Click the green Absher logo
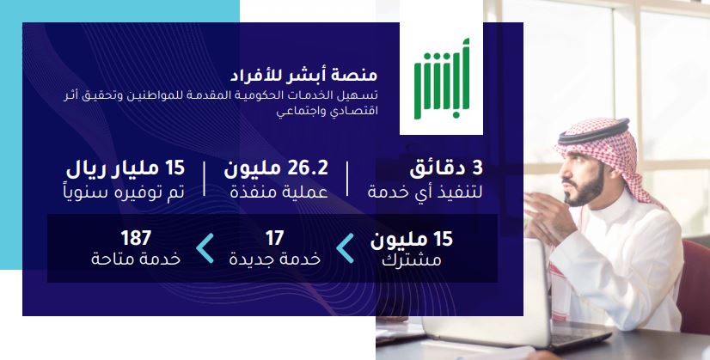click(x=442, y=78)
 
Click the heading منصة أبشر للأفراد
click(x=303, y=75)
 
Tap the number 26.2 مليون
click(x=276, y=169)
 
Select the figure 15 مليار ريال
click(x=125, y=169)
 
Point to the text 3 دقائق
click(x=446, y=169)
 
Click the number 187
click(x=136, y=238)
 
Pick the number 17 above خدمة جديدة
click(x=274, y=238)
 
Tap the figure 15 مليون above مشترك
click(x=412, y=240)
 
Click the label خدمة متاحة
click(x=136, y=259)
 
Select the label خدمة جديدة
click(x=274, y=259)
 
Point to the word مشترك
click(x=411, y=260)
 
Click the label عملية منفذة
click(x=278, y=192)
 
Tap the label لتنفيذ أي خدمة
click(x=425, y=192)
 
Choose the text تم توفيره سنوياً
click(x=124, y=192)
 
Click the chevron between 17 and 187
click(x=205, y=248)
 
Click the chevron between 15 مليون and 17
click(x=345, y=248)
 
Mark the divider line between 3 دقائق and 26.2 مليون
click(x=347, y=179)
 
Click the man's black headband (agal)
click(x=594, y=131)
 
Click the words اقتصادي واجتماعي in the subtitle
click(x=327, y=111)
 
